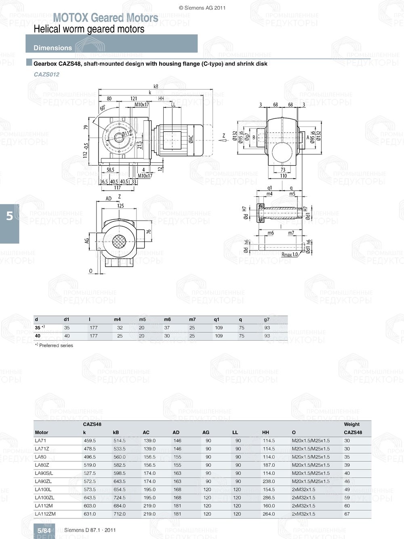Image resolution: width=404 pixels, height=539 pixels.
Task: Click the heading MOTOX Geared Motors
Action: tap(105, 18)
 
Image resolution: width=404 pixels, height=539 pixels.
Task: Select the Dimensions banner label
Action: tap(53, 48)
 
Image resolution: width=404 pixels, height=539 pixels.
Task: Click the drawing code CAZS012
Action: tap(46, 74)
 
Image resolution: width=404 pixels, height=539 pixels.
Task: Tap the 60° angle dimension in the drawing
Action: tap(103, 108)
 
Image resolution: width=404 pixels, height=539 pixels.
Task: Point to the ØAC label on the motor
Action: tap(191, 139)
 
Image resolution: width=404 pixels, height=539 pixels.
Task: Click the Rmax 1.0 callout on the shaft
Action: tap(289, 255)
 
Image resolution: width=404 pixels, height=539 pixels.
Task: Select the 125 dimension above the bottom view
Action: tap(120, 206)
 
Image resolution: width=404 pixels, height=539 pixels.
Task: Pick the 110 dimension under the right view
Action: tap(283, 176)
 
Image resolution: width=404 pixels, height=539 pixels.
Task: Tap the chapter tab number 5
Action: tap(9, 216)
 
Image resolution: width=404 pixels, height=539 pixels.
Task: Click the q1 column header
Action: tap(217, 319)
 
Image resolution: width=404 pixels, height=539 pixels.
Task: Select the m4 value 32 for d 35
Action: tap(120, 328)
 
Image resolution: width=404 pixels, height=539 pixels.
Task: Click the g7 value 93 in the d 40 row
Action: tap(267, 336)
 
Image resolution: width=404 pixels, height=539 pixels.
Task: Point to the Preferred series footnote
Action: tap(54, 345)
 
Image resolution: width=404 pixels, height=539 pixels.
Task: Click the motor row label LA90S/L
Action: tap(44, 473)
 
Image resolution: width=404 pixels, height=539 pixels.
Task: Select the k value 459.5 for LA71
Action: tap(90, 440)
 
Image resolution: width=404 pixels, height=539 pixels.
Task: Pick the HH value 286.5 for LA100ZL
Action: tap(269, 497)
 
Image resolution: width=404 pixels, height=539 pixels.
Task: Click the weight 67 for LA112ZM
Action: tap(347, 514)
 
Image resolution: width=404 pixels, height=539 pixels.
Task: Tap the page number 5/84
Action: tap(44, 531)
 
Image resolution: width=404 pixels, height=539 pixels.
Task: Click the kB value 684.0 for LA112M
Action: tap(120, 506)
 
